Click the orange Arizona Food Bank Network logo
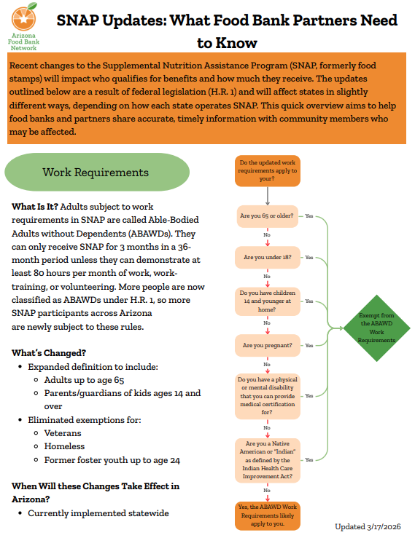pyautogui.click(x=24, y=17)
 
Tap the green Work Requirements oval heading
pyautogui.click(x=97, y=172)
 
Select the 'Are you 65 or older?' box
pyautogui.click(x=267, y=215)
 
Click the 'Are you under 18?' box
pyautogui.click(x=267, y=257)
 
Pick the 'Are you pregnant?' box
pyautogui.click(x=267, y=346)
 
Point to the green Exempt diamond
pyautogui.click(x=377, y=328)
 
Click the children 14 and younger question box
pyautogui.click(x=267, y=301)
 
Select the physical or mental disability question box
pyautogui.click(x=267, y=396)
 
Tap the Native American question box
pyautogui.click(x=267, y=460)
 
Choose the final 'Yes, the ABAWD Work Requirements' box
pyautogui.click(x=267, y=515)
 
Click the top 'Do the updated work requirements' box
pyautogui.click(x=267, y=171)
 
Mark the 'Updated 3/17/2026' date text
pyautogui.click(x=368, y=526)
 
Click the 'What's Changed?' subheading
pyautogui.click(x=49, y=353)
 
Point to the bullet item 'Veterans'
pyautogui.click(x=63, y=433)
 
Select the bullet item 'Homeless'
pyautogui.click(x=64, y=446)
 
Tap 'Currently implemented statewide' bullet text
pyautogui.click(x=98, y=513)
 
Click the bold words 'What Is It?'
pyautogui.click(x=35, y=207)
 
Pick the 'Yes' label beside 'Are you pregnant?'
pyautogui.click(x=309, y=346)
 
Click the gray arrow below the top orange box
pyautogui.click(x=267, y=197)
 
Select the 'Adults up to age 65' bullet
pyautogui.click(x=84, y=380)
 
